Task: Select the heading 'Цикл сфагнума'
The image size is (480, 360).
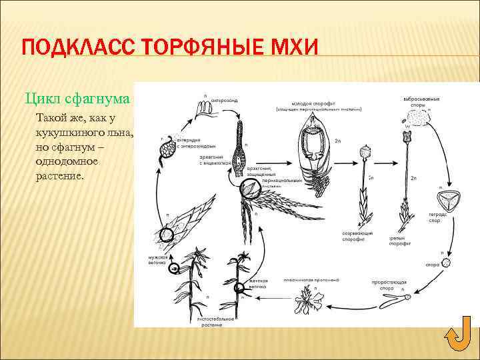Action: pos(77,99)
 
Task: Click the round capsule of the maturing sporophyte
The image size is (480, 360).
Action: pos(365,153)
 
